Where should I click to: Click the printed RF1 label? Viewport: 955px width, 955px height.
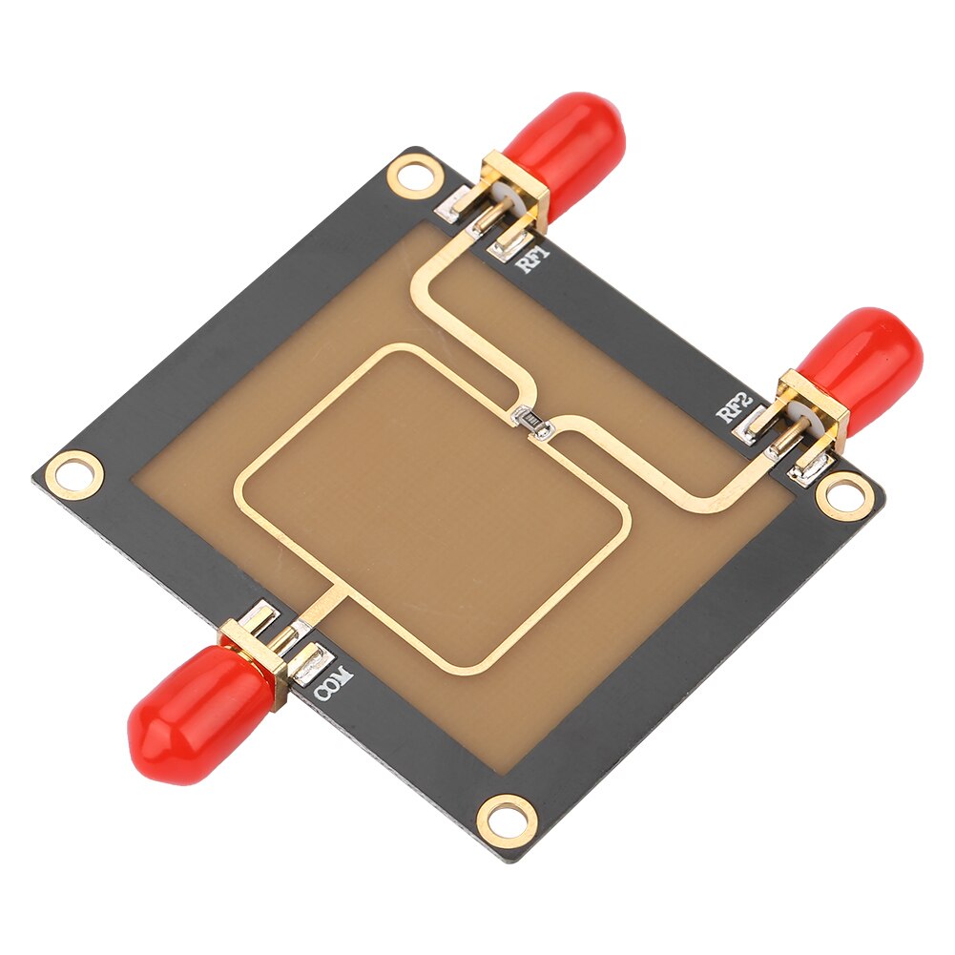point(533,260)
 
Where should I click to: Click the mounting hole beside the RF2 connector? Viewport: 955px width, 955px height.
point(844,495)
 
